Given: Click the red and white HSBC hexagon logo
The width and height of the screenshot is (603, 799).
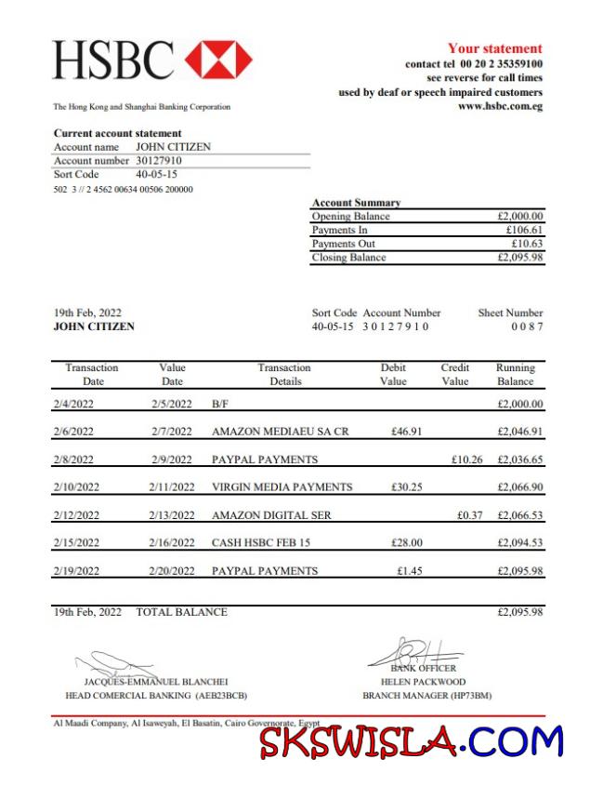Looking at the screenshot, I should click(218, 60).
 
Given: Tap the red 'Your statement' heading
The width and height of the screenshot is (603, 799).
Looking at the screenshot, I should click(494, 48).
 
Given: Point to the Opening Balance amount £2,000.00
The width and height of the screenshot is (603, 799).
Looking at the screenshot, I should click(520, 216).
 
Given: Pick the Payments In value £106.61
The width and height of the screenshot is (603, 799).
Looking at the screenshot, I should click(524, 230).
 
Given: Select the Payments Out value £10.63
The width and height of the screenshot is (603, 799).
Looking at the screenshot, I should click(527, 244).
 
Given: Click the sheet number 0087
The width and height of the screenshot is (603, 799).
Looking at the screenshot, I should click(527, 326).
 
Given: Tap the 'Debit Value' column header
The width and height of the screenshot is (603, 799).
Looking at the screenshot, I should click(393, 374).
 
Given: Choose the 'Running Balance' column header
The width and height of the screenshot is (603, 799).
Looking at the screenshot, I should click(515, 374).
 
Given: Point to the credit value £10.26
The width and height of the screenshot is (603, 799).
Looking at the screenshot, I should click(466, 459).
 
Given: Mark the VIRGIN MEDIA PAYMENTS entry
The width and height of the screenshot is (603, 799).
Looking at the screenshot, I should click(282, 486).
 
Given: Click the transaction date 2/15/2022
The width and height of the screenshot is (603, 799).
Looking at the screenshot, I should click(75, 542).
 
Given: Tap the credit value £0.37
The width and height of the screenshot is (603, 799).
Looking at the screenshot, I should click(470, 514).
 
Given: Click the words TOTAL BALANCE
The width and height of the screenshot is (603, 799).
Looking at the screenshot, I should click(181, 612).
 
